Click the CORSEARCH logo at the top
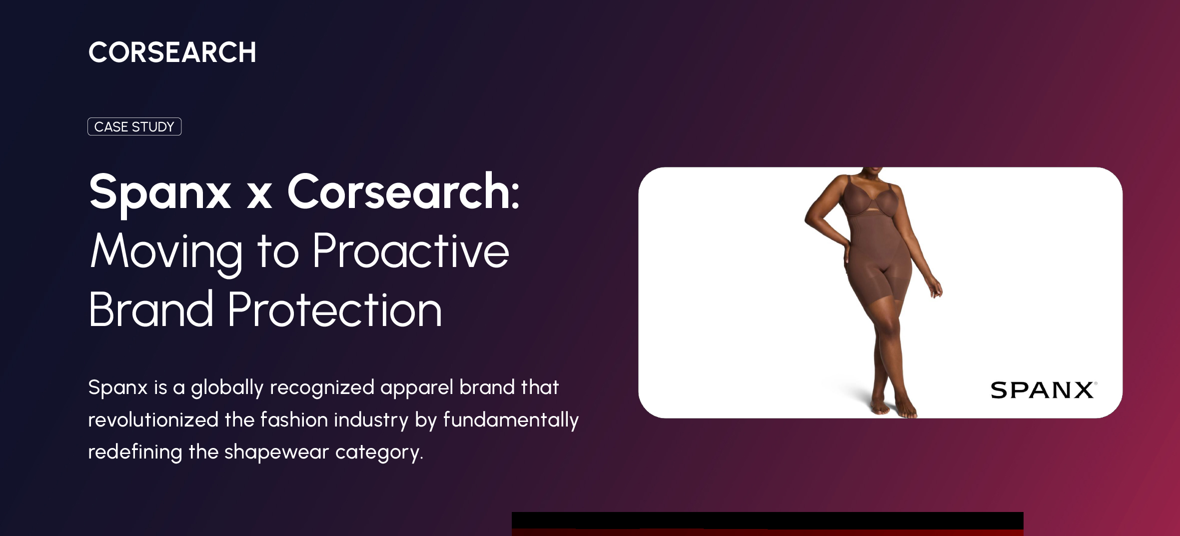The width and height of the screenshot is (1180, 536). click(172, 52)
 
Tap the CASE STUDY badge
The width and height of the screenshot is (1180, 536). click(134, 126)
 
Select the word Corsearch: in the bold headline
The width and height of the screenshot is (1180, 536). click(403, 192)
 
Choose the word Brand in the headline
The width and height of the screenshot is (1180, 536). click(151, 309)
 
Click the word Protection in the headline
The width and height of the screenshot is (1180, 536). click(335, 309)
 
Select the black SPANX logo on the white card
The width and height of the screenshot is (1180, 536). click(1044, 390)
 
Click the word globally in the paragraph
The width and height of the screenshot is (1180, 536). click(227, 388)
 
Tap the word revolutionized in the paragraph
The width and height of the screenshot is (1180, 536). click(153, 420)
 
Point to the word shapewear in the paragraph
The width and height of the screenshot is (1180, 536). click(276, 453)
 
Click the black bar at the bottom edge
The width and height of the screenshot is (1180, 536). click(767, 520)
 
